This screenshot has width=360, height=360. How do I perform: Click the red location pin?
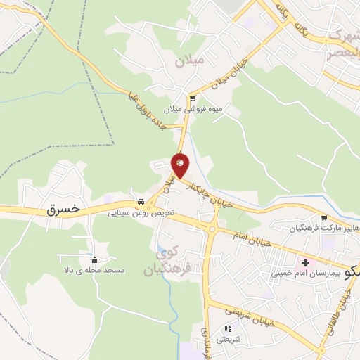pos(181,165)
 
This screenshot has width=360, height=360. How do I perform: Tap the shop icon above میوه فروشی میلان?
pos(192,98)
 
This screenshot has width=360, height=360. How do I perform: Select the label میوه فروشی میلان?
pos(192,110)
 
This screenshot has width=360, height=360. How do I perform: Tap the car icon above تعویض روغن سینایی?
pos(141,199)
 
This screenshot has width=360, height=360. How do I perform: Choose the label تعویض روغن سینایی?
pos(141,210)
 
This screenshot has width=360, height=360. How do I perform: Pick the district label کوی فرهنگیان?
pos(165,259)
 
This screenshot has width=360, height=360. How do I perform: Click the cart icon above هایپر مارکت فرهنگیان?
pos(323,218)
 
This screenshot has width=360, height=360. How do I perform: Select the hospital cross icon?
pos(305,261)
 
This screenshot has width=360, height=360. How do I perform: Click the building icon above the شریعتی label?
pos(227,328)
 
